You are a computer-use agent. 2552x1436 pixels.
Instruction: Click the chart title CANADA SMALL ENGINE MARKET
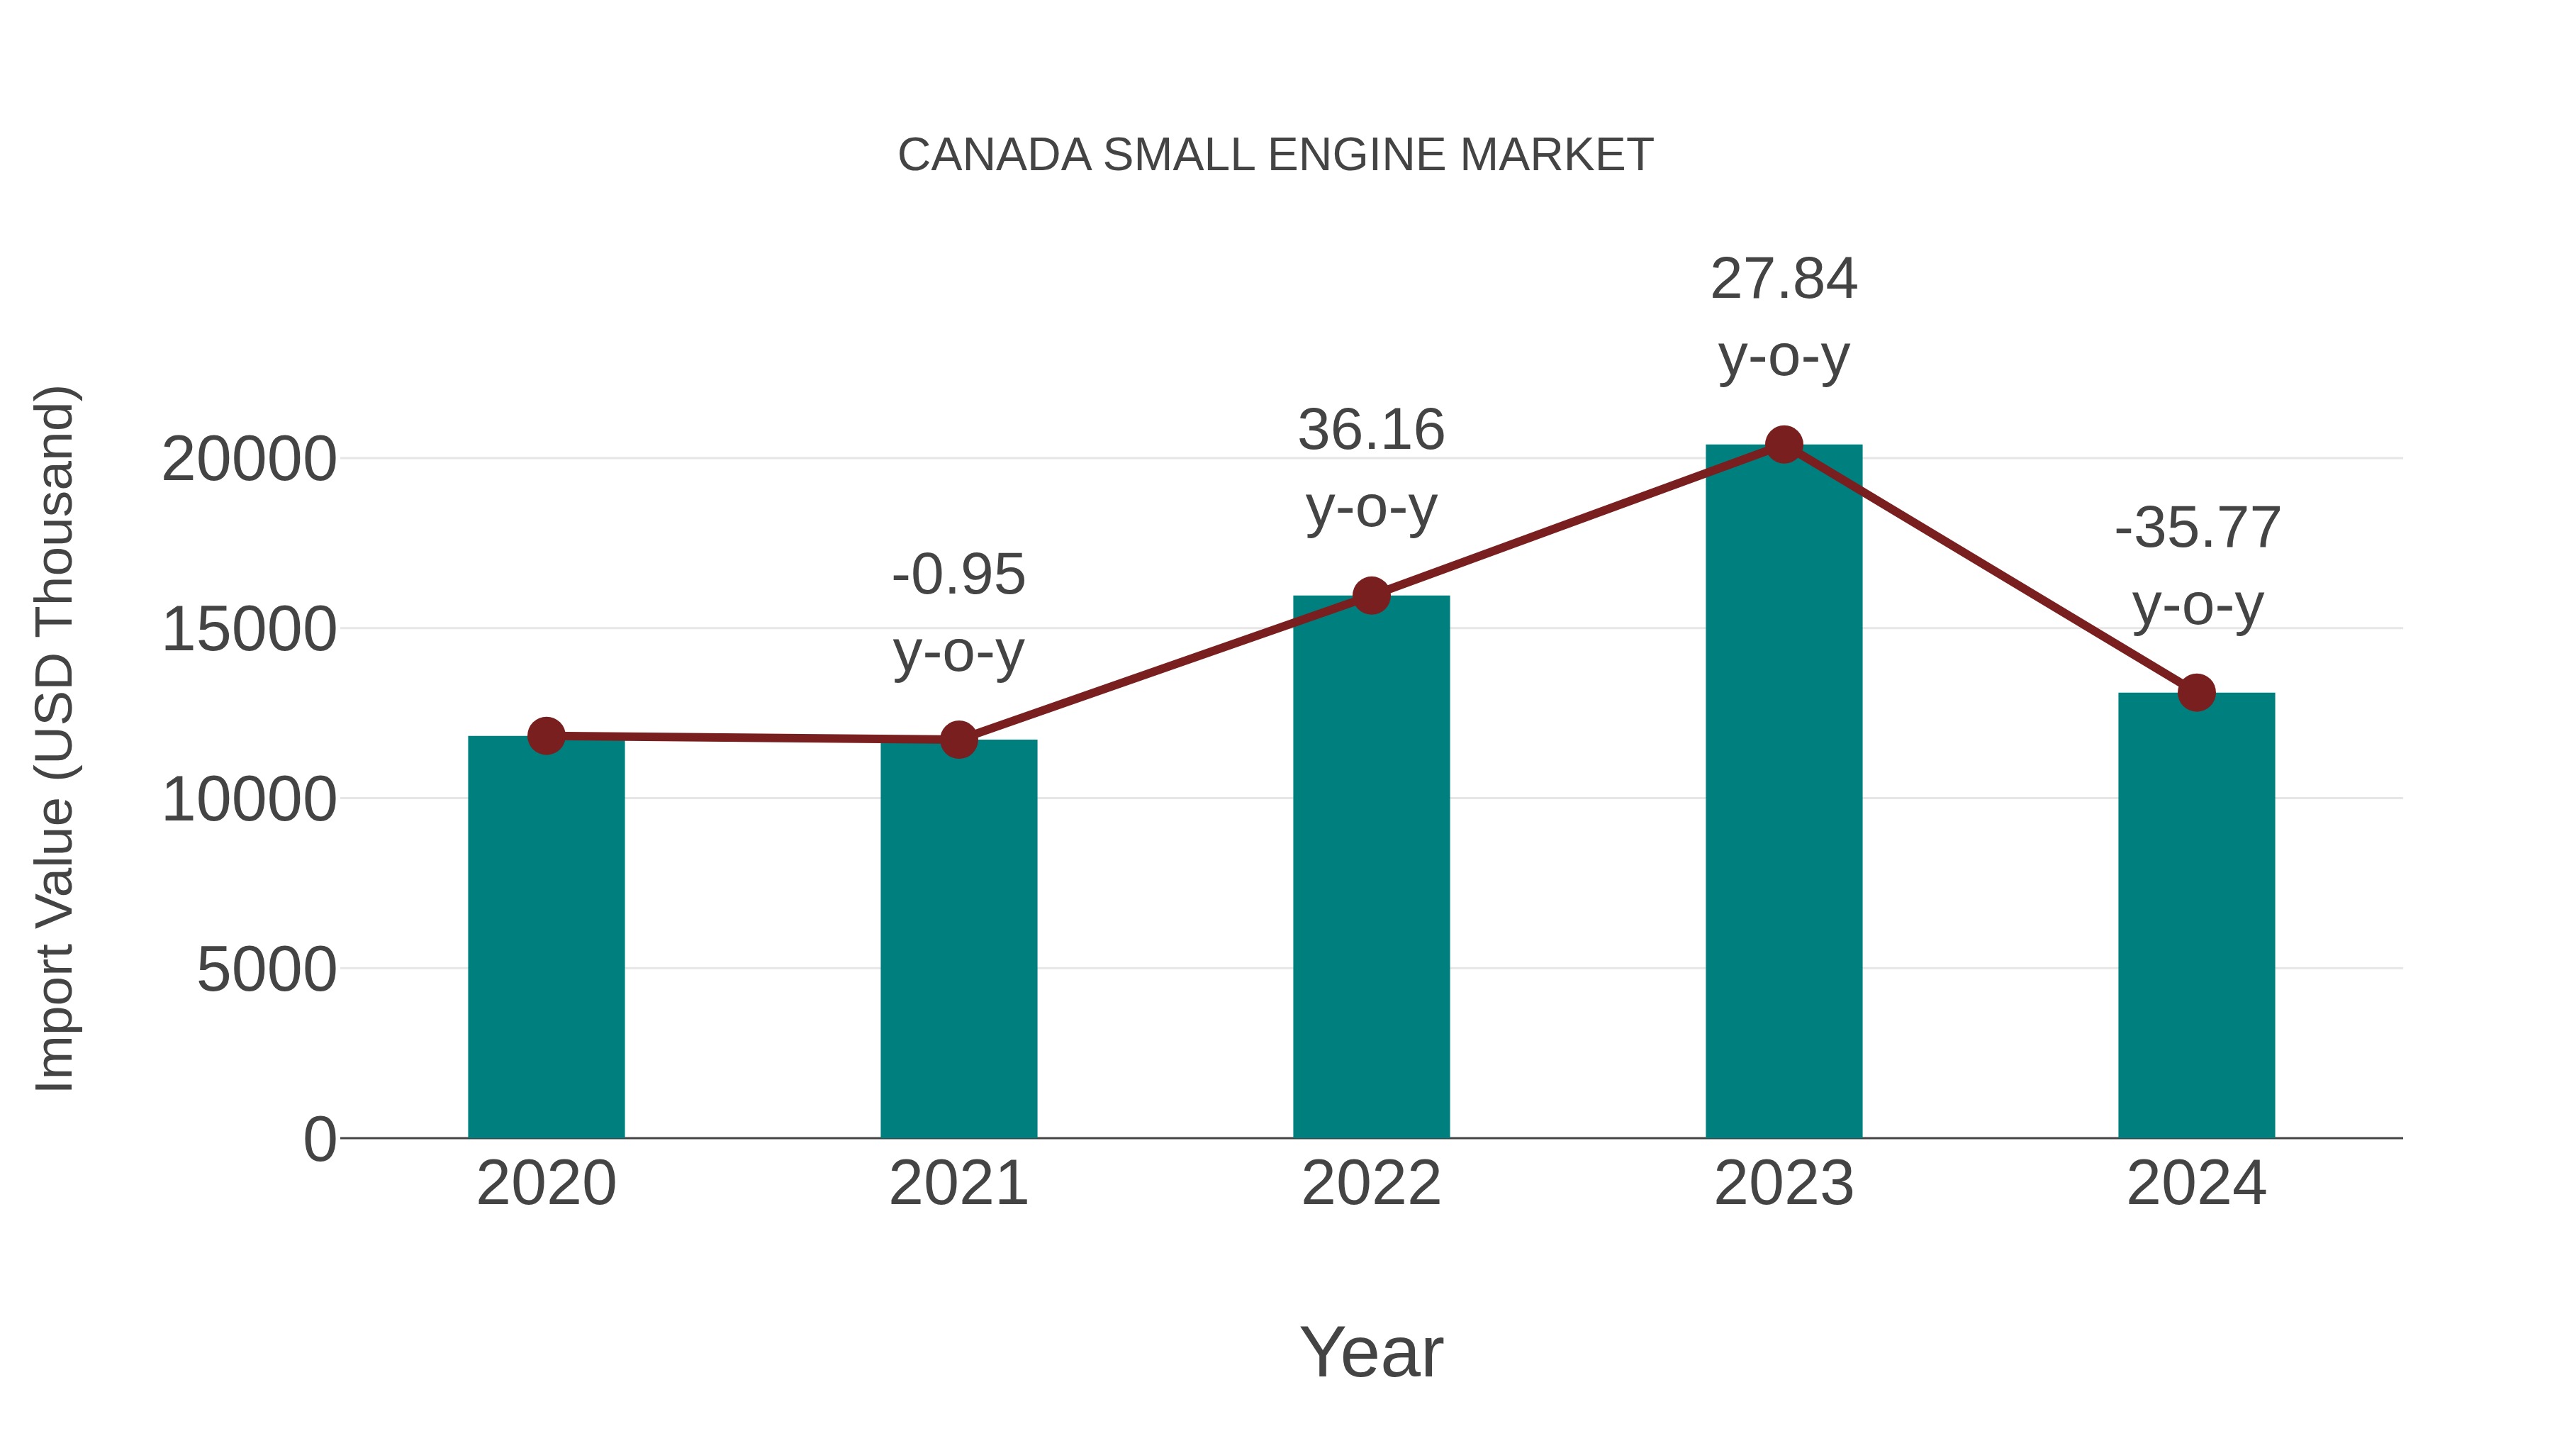point(1275,155)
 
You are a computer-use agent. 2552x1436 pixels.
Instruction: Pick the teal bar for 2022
point(1371,867)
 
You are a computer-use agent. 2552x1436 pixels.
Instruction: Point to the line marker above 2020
point(546,735)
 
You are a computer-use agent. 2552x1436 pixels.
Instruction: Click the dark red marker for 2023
point(1784,445)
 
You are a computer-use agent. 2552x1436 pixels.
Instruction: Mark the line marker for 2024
point(2196,693)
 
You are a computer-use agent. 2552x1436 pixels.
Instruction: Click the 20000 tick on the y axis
point(249,460)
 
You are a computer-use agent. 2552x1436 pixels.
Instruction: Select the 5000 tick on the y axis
point(267,969)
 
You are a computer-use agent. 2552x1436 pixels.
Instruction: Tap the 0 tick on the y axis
point(319,1139)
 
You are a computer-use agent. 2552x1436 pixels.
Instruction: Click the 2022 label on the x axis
point(1371,1184)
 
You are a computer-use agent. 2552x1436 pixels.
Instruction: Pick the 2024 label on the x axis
point(2196,1184)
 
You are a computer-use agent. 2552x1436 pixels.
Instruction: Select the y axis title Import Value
point(55,738)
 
